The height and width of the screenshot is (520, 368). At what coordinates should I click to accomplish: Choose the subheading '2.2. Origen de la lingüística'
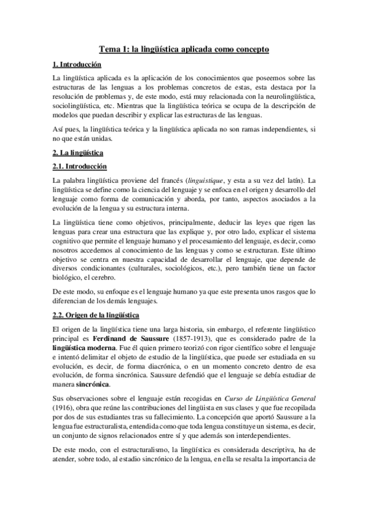(96, 315)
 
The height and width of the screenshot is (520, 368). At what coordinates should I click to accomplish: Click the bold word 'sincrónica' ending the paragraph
(93, 384)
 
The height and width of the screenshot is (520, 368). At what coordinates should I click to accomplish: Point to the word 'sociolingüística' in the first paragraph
(76, 105)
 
